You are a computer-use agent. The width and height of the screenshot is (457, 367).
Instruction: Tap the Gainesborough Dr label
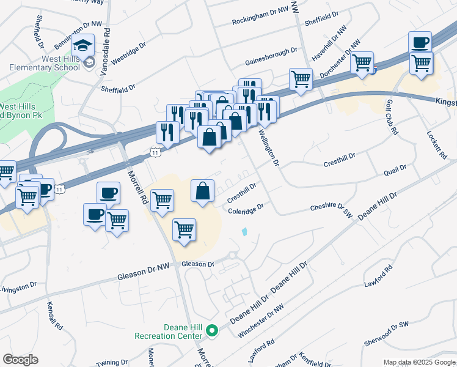point(271,56)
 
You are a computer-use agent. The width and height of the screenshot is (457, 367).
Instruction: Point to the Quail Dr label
point(395,171)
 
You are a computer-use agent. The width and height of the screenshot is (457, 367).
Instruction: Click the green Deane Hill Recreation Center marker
point(212,332)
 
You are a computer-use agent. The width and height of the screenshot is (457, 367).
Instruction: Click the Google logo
point(20,360)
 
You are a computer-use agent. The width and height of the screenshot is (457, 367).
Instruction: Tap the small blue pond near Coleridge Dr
point(245,232)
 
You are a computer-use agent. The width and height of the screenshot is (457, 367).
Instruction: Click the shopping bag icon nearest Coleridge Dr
point(203,191)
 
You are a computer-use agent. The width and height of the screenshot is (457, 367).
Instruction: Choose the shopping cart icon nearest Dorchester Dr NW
point(362,62)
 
